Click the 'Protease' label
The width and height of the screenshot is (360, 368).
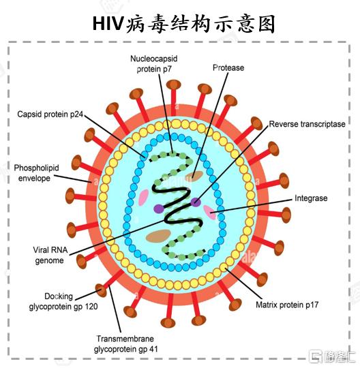228,67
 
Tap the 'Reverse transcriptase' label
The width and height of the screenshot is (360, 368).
307,124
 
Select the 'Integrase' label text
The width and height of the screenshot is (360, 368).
311,198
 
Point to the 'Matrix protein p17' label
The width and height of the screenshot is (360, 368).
287,305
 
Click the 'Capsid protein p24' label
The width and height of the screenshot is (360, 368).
50,114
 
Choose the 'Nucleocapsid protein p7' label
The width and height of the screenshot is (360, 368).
154,63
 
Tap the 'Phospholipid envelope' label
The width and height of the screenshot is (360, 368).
36,173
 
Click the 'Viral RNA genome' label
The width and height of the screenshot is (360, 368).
50,255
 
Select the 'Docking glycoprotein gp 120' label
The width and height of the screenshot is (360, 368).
63,301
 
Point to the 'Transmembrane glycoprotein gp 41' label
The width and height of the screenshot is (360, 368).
125,344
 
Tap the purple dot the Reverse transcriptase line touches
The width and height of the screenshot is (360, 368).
196,202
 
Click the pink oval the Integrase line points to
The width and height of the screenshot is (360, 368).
209,212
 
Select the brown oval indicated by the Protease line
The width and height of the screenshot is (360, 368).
194,176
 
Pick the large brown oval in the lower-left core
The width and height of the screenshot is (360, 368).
158,236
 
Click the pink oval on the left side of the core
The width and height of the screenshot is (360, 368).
143,198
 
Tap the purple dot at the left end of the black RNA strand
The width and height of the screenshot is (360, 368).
159,209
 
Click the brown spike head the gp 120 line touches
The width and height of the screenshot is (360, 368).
101,290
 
